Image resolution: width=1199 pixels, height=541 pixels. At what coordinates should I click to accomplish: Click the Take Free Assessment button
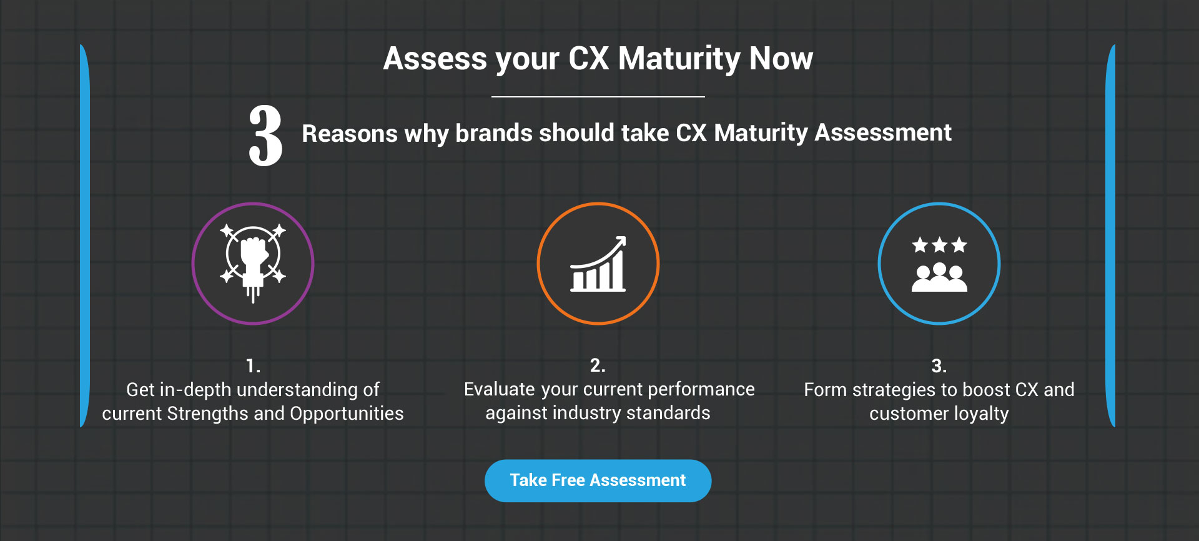(598, 480)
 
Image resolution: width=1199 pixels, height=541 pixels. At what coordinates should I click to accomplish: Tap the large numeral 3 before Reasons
(265, 136)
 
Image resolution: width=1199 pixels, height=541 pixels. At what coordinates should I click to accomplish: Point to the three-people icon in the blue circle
(939, 278)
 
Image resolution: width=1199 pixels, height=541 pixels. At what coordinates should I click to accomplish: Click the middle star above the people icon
(939, 245)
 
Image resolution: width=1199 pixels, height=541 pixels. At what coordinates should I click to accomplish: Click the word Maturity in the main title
(679, 59)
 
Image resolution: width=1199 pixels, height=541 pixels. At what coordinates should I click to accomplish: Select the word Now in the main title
(781, 59)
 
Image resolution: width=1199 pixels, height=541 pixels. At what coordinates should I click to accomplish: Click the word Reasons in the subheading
(350, 133)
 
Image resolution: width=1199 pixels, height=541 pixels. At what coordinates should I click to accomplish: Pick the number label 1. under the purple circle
(253, 365)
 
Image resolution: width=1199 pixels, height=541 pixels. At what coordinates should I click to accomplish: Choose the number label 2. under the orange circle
(598, 365)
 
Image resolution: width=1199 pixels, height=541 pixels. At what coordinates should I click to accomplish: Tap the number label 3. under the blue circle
(939, 365)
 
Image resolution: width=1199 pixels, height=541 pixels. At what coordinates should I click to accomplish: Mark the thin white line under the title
(598, 97)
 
